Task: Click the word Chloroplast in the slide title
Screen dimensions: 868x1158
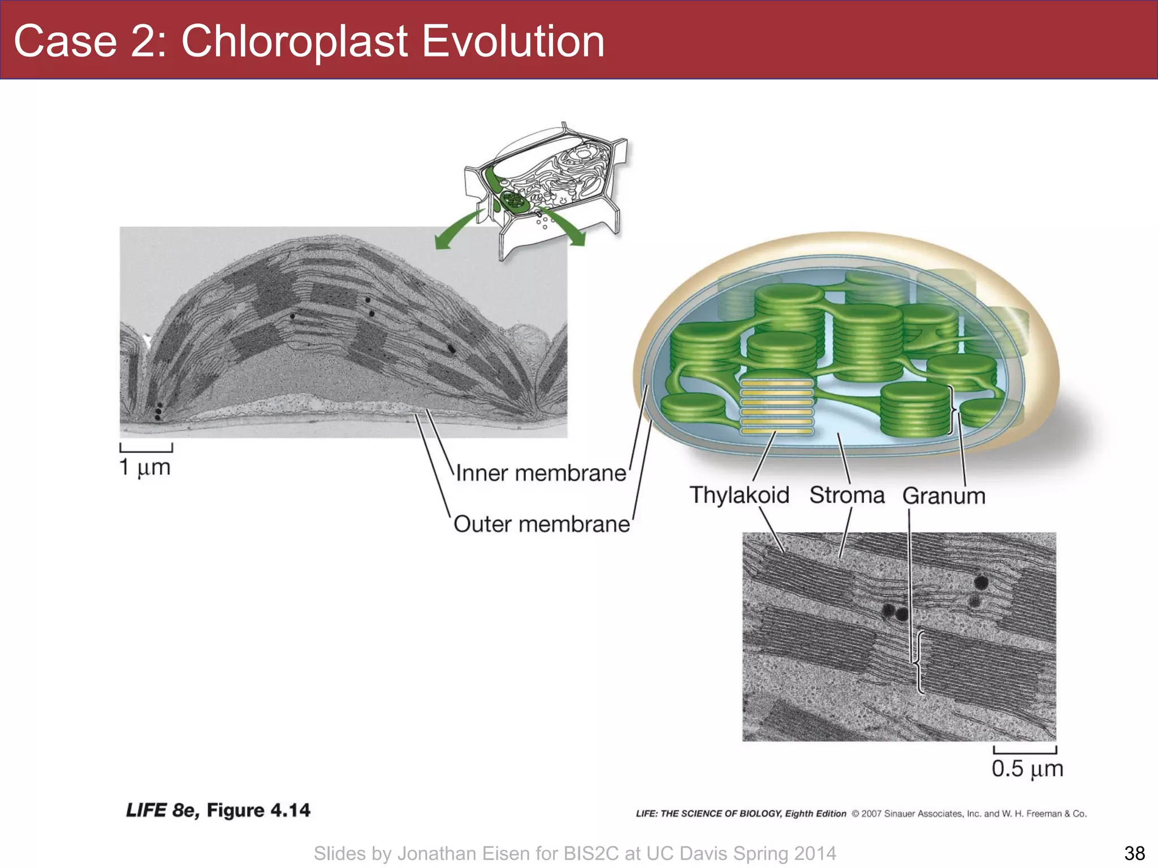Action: coord(294,41)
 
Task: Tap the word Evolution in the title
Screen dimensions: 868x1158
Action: coord(513,41)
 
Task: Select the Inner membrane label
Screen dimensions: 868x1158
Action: coord(541,474)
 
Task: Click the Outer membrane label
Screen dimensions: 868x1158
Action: coord(541,524)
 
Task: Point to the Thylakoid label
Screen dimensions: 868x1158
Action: coord(739,495)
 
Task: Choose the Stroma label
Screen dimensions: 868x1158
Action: coord(846,495)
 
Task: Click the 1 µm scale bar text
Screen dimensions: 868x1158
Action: coord(145,467)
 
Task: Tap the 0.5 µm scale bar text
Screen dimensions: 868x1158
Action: coord(1027,769)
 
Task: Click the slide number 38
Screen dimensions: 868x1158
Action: coord(1134,853)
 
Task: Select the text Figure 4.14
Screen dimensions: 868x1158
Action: coord(258,810)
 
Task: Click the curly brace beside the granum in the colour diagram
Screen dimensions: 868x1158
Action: coord(953,410)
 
